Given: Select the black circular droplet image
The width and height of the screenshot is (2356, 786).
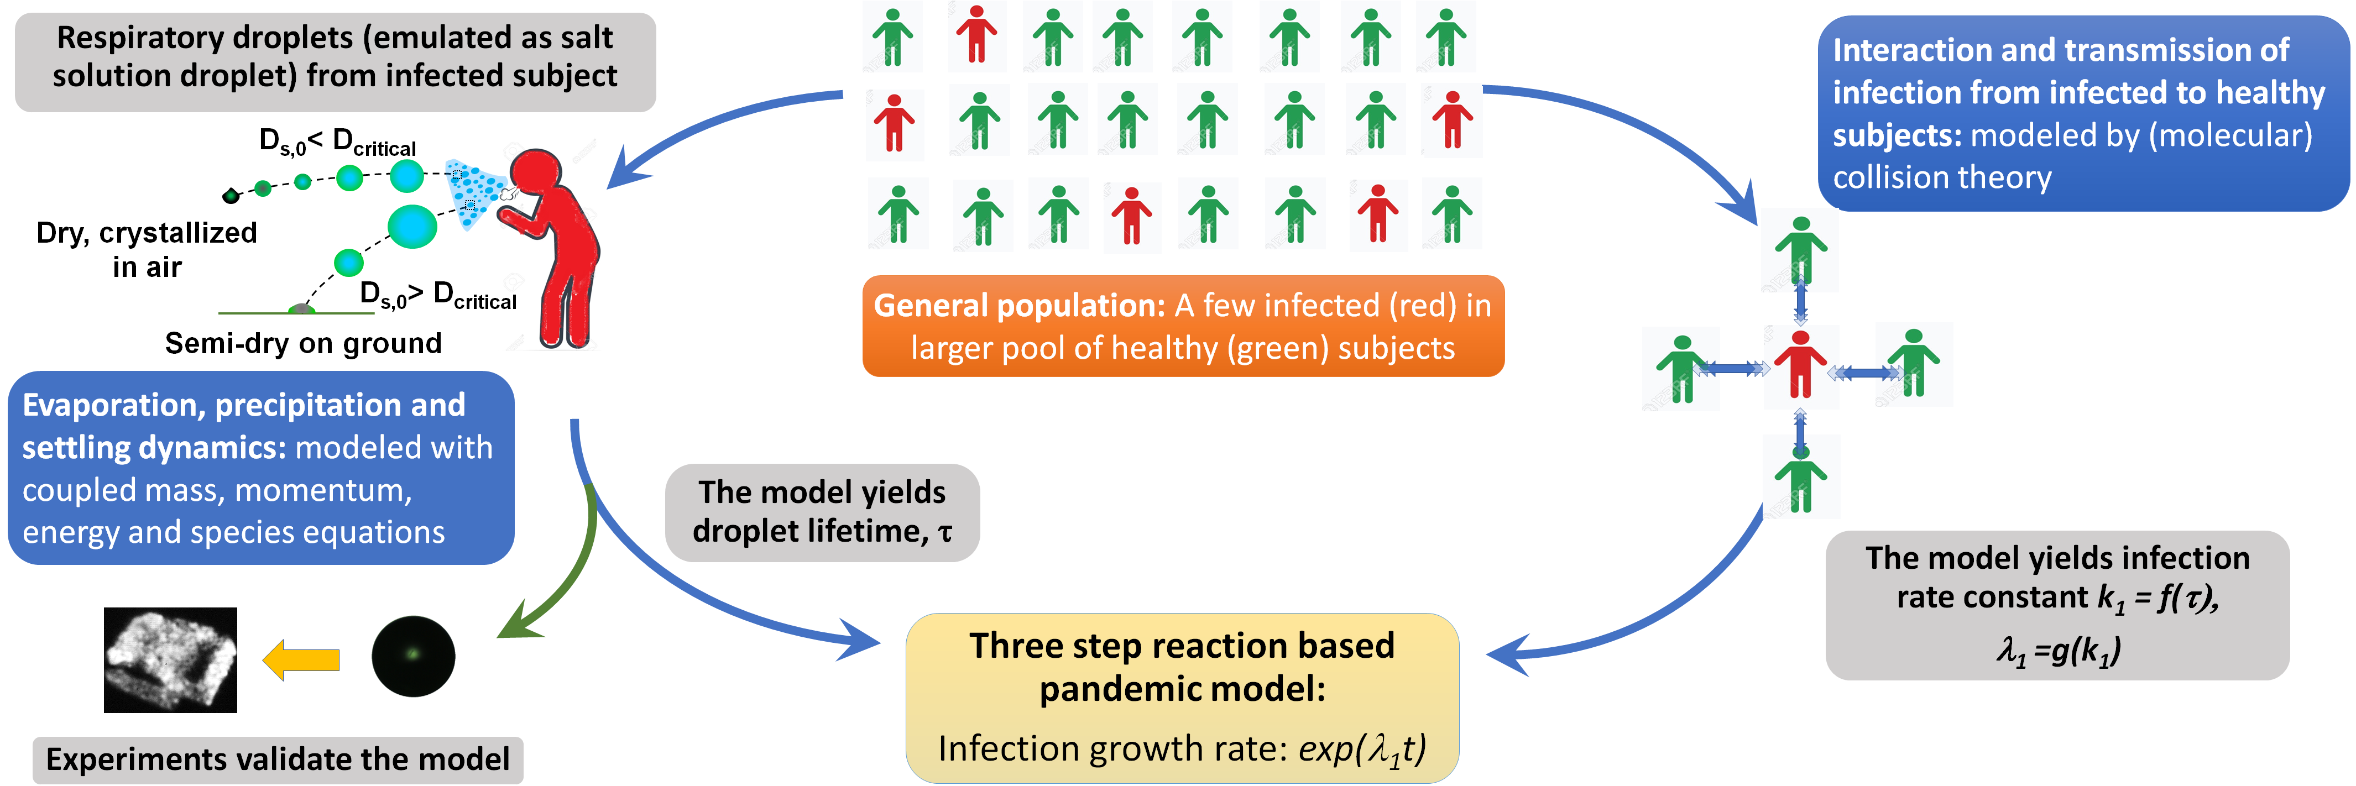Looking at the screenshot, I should tap(414, 656).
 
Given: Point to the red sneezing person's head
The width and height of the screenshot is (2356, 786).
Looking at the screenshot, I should tap(536, 174).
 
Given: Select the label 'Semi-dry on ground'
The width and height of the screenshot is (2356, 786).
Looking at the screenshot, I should tap(303, 344).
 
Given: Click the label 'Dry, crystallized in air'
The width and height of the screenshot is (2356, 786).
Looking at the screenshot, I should tap(147, 249).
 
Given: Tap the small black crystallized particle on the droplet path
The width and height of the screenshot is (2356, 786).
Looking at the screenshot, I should tap(231, 195).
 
